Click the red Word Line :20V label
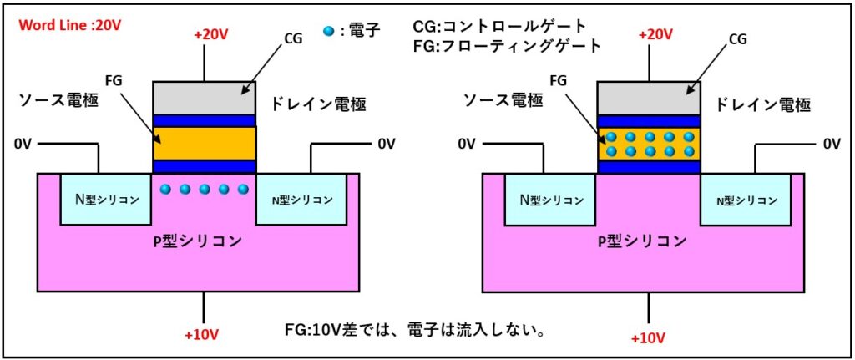pyautogui.click(x=70, y=25)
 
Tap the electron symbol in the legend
pyautogui.click(x=328, y=32)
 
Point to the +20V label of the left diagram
pyautogui.click(x=210, y=36)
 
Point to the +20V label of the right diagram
pyautogui.click(x=654, y=36)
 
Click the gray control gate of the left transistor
pyautogui.click(x=204, y=98)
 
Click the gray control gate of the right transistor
pyautogui.click(x=649, y=98)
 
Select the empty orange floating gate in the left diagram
pyautogui.click(x=204, y=143)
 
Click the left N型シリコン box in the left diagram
pyautogui.click(x=106, y=200)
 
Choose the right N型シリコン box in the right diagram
pyautogui.click(x=746, y=200)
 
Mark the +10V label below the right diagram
pyautogui.click(x=650, y=339)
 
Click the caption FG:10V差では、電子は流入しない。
pyautogui.click(x=415, y=331)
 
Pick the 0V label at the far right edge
pyautogui.click(x=831, y=144)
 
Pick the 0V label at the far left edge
pyautogui.click(x=23, y=144)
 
